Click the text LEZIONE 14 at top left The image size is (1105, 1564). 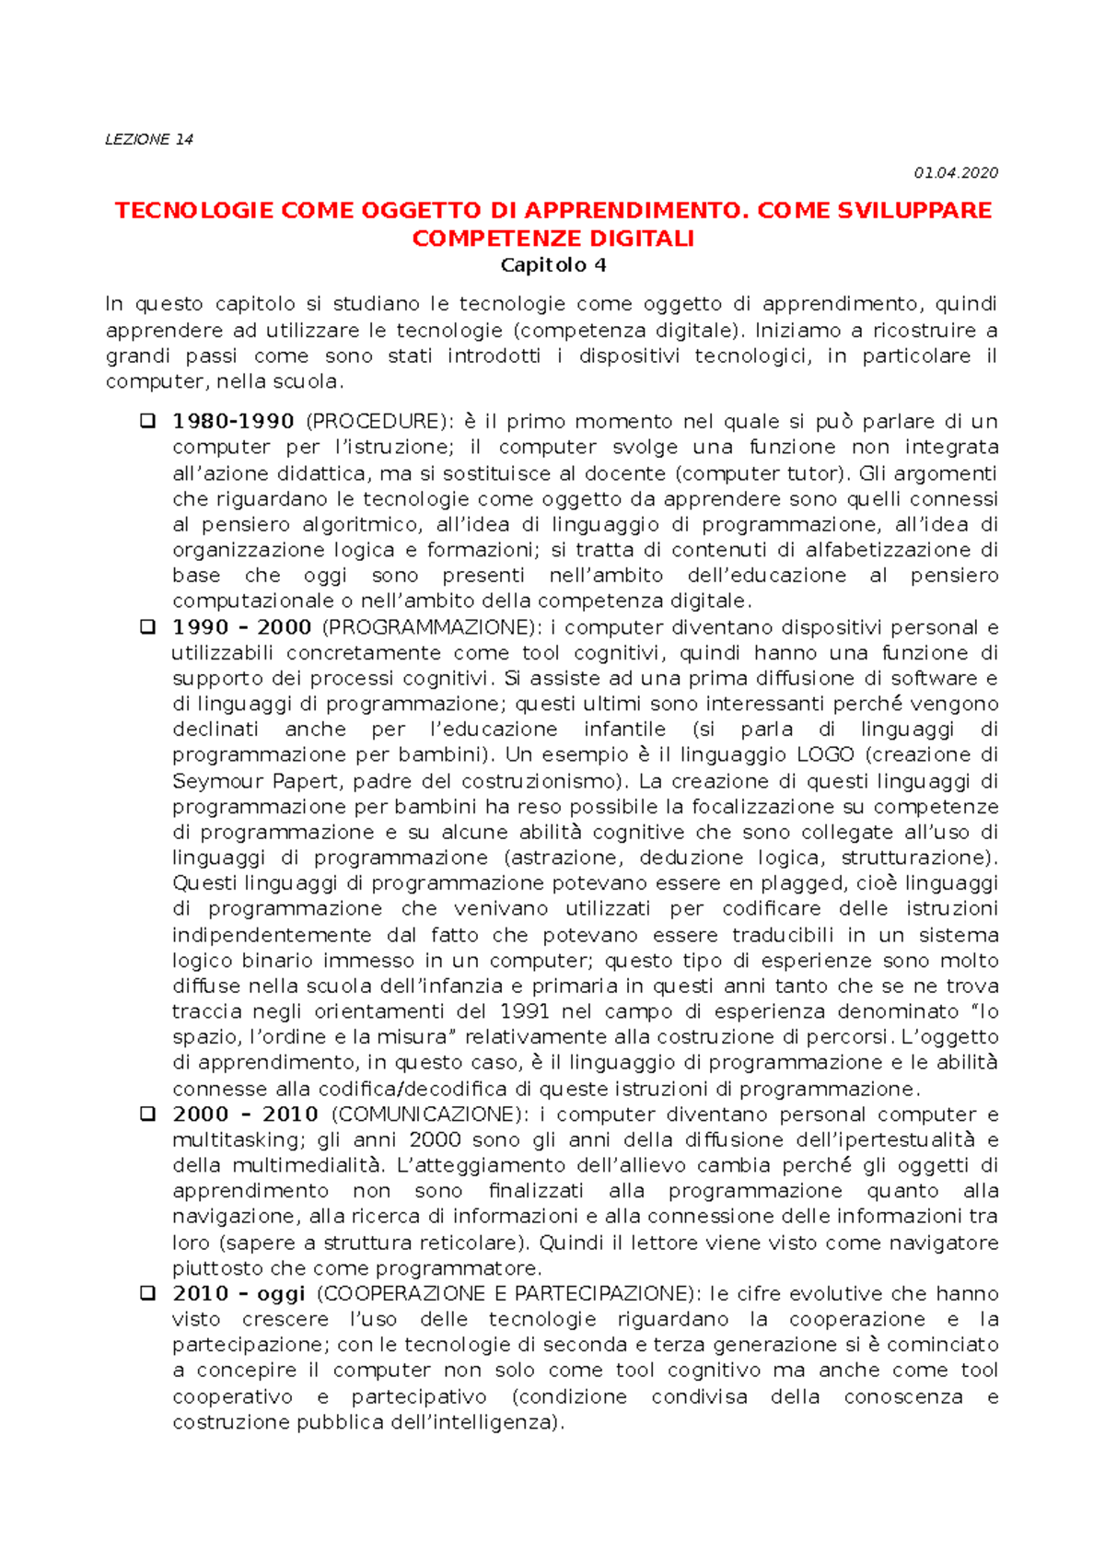(x=149, y=139)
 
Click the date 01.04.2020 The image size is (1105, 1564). (x=955, y=173)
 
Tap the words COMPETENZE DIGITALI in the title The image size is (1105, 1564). (x=552, y=239)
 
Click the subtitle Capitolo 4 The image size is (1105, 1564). (x=552, y=265)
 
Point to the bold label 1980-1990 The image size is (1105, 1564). (x=233, y=422)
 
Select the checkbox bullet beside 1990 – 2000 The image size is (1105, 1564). (x=146, y=627)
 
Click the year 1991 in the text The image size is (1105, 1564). (x=524, y=1011)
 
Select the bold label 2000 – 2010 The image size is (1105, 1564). (x=245, y=1115)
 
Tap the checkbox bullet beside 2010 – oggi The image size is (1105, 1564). (x=146, y=1293)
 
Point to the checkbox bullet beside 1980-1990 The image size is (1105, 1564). (x=146, y=421)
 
